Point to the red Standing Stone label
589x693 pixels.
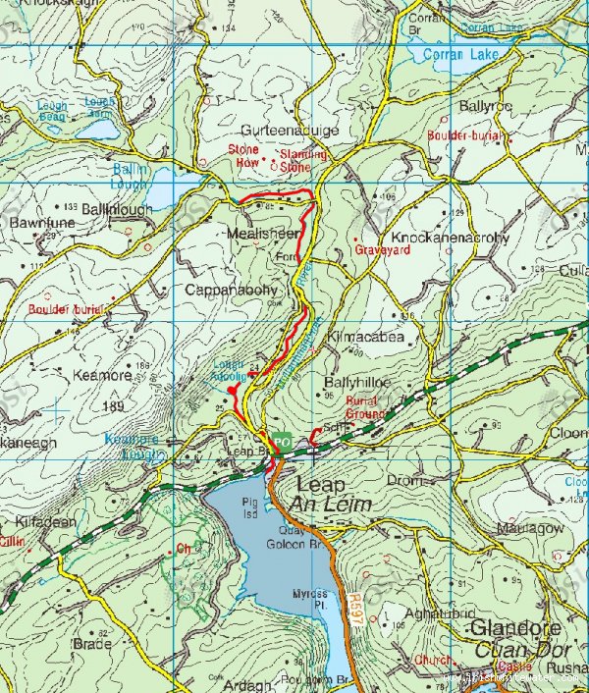click(x=303, y=161)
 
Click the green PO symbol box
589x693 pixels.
click(x=282, y=443)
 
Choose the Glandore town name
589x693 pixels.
click(x=515, y=627)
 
